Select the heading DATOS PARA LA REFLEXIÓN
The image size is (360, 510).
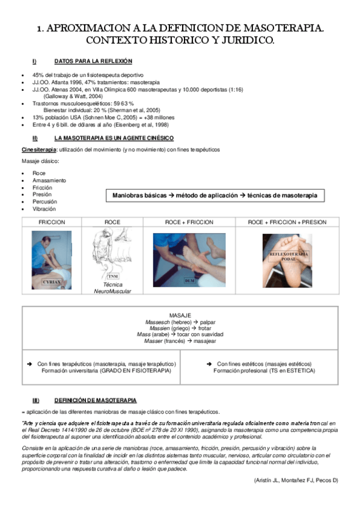tap(93, 61)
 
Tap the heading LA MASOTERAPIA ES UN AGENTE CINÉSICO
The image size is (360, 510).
tap(105, 138)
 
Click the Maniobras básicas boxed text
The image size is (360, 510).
tap(215, 195)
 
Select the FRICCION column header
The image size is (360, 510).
tap(52, 222)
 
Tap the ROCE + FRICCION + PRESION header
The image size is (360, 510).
tap(287, 222)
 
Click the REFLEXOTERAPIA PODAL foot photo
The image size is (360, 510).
tap(287, 260)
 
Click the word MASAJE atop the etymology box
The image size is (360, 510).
tap(180, 315)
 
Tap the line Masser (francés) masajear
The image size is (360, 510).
tap(180, 341)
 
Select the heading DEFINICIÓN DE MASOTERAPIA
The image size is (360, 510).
tap(95, 400)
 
